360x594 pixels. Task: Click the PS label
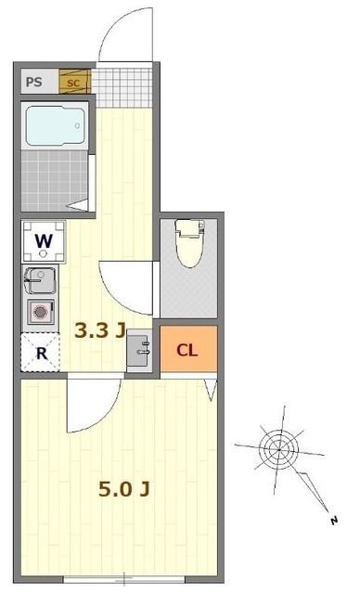click(x=34, y=81)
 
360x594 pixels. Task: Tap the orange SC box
click(x=73, y=81)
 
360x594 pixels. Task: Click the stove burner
click(x=40, y=312)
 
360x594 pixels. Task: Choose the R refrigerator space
click(x=41, y=352)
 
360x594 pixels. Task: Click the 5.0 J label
click(x=124, y=487)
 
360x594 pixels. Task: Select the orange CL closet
click(x=188, y=349)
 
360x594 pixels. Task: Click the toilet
click(x=189, y=242)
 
